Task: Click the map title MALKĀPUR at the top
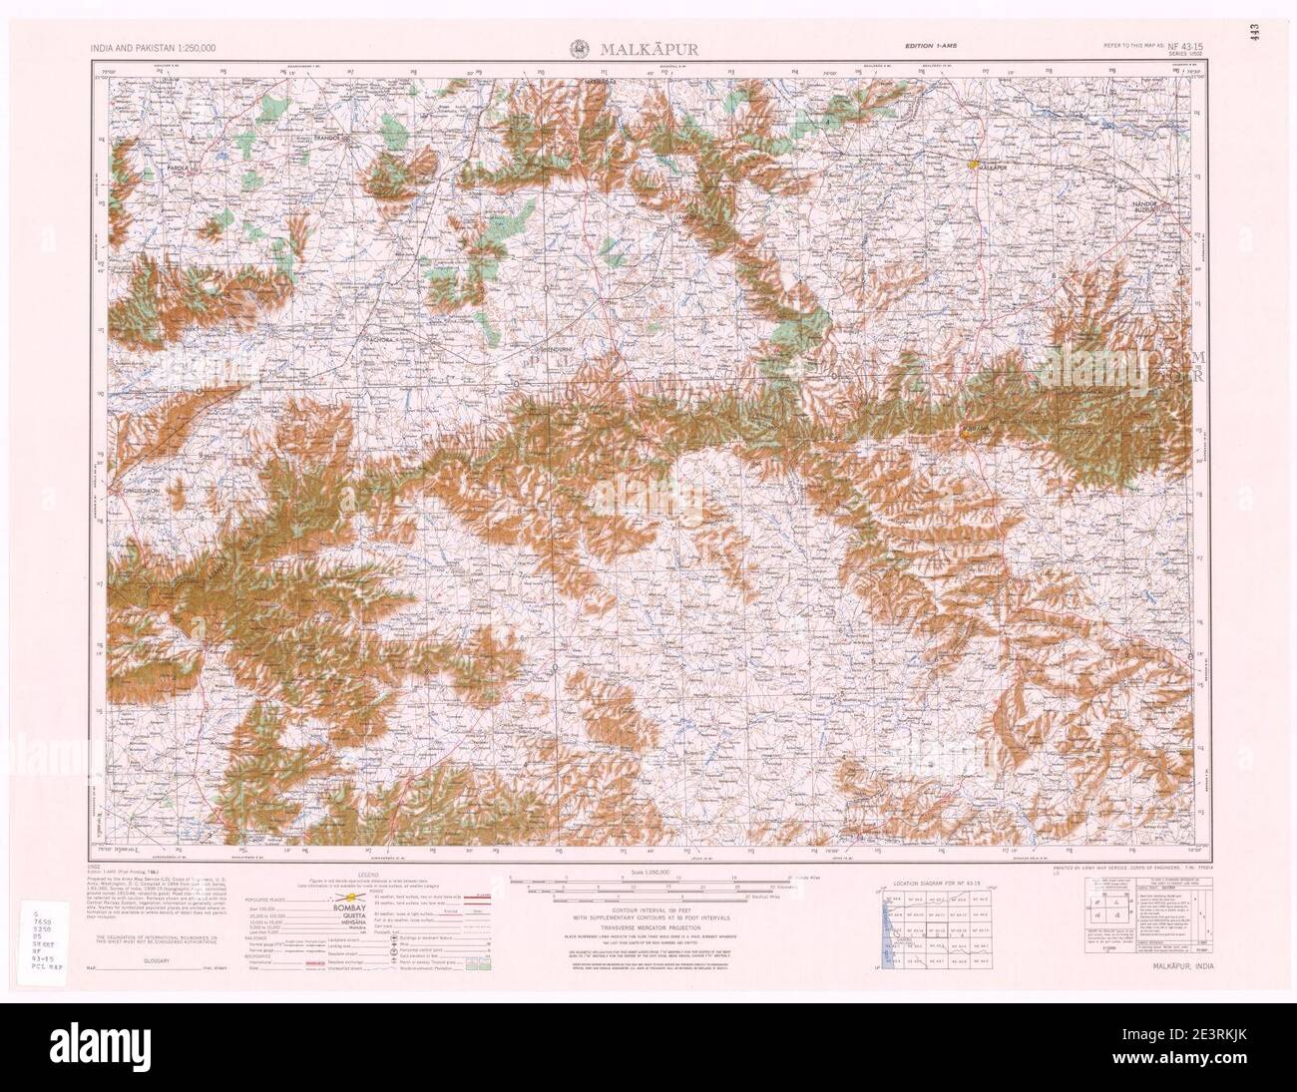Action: [648, 48]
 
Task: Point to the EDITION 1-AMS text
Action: [932, 47]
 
